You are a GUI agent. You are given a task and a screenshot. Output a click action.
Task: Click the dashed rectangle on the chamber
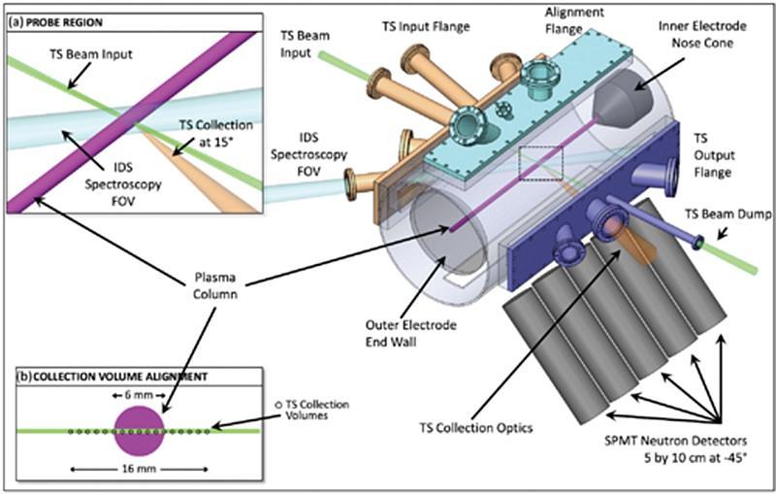click(x=540, y=162)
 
